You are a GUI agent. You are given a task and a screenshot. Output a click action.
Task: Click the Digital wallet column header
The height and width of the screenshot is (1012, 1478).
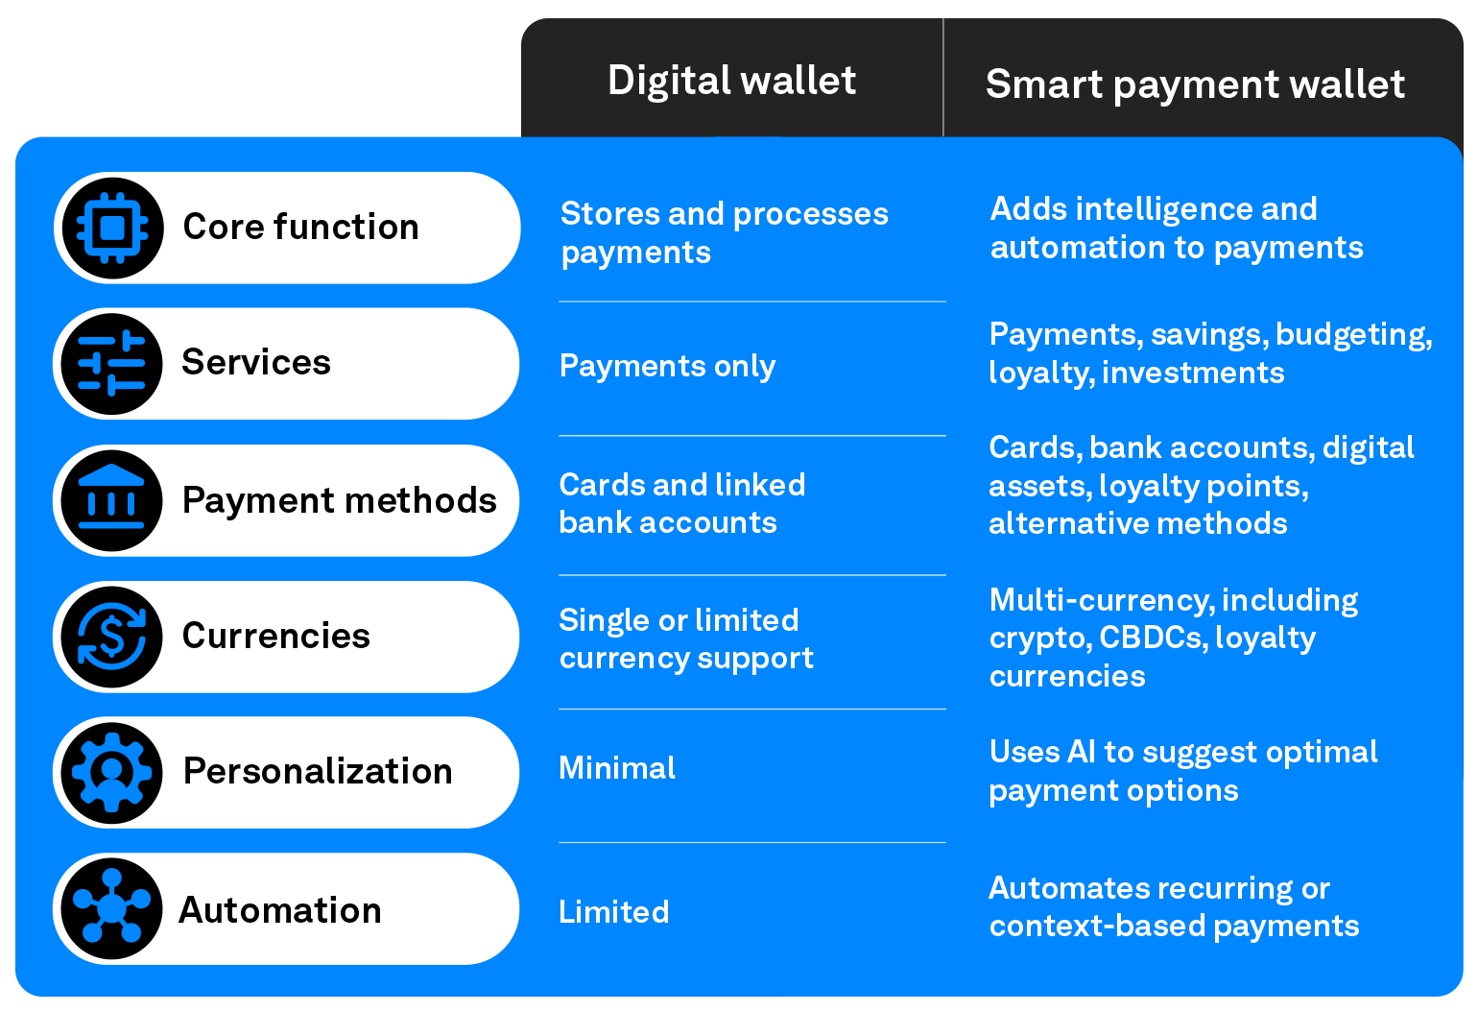[x=731, y=81]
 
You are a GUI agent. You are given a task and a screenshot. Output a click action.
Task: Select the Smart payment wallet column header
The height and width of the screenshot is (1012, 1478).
[x=1195, y=84]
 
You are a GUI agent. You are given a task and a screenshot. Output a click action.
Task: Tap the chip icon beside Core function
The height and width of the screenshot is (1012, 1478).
[x=112, y=229]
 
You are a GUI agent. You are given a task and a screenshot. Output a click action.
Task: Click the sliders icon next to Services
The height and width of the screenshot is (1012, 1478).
[x=111, y=365]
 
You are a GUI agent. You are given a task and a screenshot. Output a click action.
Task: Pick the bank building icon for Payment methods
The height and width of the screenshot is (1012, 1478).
[x=111, y=501]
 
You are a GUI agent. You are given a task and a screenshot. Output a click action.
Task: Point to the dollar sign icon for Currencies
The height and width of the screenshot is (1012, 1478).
[x=111, y=637]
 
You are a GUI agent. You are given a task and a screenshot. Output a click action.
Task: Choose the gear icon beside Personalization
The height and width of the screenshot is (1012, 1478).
[x=111, y=773]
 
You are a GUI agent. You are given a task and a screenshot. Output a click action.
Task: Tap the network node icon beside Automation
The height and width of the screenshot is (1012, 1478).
[x=111, y=909]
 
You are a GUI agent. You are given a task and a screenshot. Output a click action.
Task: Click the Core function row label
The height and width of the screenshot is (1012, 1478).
[x=301, y=228]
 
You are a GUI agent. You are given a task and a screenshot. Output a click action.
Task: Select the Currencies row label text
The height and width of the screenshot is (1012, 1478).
[x=275, y=636]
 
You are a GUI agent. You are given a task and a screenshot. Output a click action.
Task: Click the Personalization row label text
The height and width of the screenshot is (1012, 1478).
[x=318, y=771]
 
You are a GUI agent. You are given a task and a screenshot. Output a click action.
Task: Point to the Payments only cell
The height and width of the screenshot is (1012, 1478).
[x=667, y=367]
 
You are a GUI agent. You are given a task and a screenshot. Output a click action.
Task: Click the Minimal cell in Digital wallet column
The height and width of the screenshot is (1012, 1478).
[x=617, y=768]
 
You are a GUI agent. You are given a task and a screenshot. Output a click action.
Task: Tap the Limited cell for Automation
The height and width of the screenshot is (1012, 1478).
[x=614, y=911]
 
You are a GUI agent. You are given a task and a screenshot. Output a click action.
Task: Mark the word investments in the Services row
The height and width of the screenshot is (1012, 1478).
[x=1193, y=373]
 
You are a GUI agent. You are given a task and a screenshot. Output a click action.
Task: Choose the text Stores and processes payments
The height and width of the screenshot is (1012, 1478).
[x=724, y=233]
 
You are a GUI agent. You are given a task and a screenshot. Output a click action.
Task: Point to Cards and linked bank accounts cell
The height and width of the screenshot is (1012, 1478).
[x=682, y=504]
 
